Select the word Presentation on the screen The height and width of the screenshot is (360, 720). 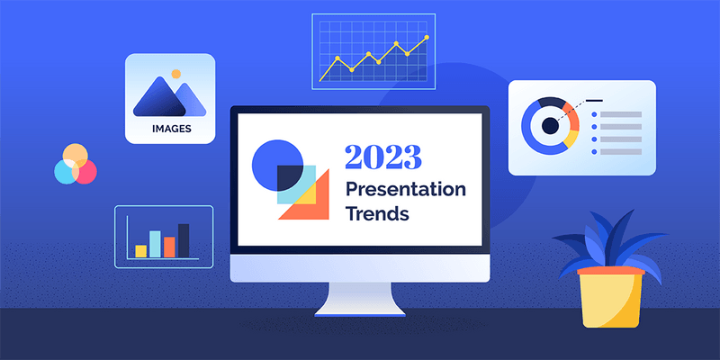[406, 191]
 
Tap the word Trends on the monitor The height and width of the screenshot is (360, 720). [378, 215]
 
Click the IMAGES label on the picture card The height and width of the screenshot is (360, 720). [170, 129]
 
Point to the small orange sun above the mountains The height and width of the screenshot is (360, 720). [176, 73]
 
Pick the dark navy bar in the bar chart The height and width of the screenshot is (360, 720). [184, 239]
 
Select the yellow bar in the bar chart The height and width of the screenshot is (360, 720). [140, 250]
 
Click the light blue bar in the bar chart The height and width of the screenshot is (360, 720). [155, 243]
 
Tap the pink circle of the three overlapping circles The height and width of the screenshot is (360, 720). [85, 171]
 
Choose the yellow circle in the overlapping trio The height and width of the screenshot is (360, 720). [76, 154]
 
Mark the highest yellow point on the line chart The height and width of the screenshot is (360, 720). [427, 38]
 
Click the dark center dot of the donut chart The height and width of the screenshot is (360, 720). [549, 125]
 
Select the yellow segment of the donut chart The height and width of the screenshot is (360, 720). [569, 139]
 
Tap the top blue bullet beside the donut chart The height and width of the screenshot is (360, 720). [594, 115]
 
